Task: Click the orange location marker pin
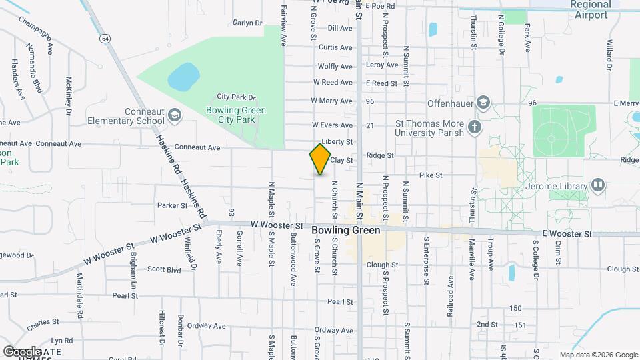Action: (321, 159)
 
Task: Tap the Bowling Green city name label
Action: (346, 230)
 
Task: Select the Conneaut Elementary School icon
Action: (175, 115)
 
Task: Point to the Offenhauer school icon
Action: (483, 102)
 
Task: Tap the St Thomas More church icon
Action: (475, 127)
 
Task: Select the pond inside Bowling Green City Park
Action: (183, 78)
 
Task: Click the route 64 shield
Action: (105, 39)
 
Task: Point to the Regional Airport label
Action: (590, 10)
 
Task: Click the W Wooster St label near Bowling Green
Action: (277, 226)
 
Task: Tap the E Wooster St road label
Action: (567, 234)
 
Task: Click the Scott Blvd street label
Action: (164, 270)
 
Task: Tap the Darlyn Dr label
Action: (247, 23)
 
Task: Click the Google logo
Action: (22, 351)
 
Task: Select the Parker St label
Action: (173, 205)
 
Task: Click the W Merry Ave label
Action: (333, 101)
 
